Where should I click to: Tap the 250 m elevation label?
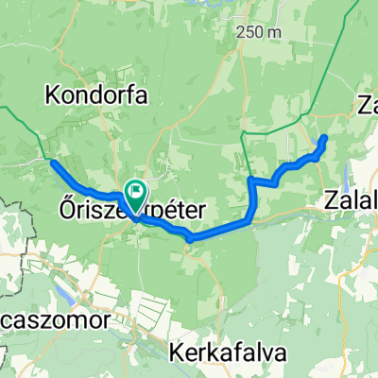pos(261,31)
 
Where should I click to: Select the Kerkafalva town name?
pos(232,352)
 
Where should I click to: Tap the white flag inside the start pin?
pos(135,192)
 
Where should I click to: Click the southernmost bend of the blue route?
pos(191,238)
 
